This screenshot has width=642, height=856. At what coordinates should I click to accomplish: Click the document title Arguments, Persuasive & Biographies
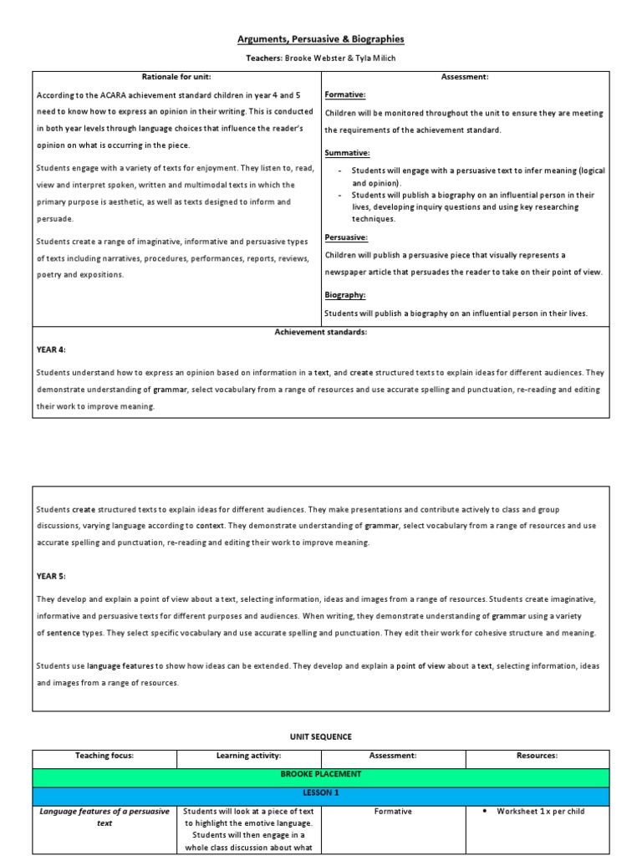[321, 39]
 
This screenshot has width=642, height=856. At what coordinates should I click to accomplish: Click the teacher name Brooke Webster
[315, 59]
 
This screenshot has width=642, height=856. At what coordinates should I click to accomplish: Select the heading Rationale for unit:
[177, 77]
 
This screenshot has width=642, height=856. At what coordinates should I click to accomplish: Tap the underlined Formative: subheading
[345, 95]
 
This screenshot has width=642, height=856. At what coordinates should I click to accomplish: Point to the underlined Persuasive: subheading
[346, 237]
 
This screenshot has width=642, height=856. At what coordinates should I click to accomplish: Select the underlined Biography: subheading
[345, 295]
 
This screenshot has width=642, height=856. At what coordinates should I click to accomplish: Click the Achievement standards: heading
[321, 332]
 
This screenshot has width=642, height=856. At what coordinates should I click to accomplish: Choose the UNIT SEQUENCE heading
[321, 736]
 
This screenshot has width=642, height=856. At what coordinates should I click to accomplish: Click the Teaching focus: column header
[104, 756]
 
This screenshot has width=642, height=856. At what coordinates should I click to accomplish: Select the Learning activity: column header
[248, 756]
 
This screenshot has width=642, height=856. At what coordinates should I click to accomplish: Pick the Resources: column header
[538, 756]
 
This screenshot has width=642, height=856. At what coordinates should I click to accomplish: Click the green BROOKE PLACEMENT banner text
[321, 774]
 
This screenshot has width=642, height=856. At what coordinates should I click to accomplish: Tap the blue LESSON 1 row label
[321, 792]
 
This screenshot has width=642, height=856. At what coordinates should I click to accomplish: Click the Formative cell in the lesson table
[393, 811]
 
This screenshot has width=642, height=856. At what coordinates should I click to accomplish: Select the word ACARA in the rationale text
[113, 95]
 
